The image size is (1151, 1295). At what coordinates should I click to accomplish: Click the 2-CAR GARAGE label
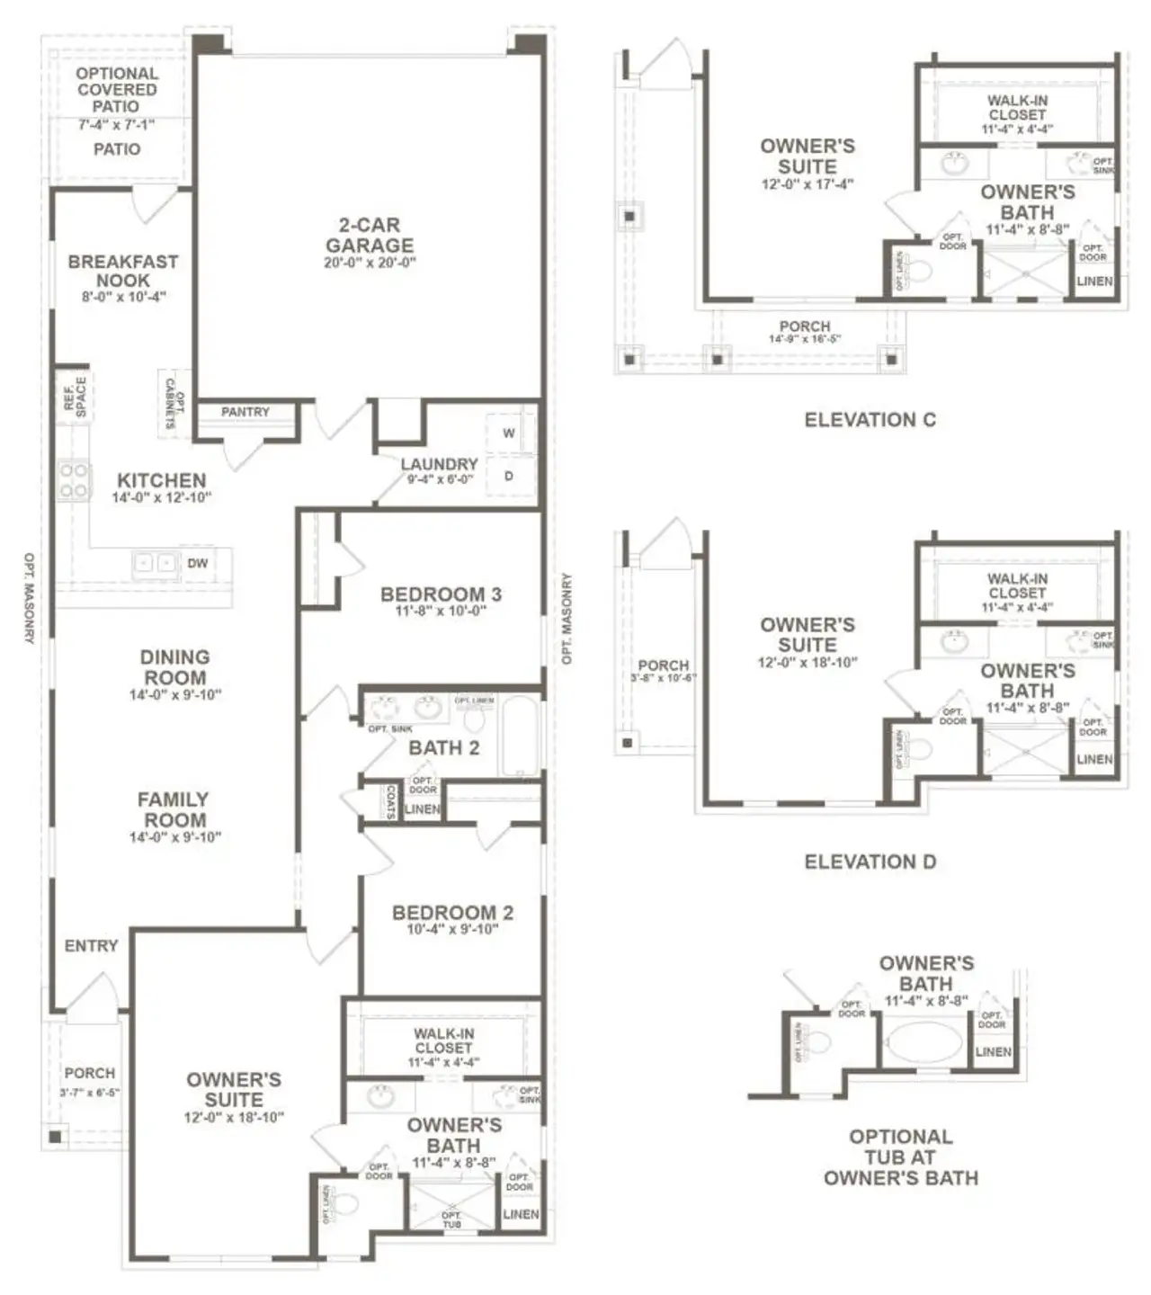coord(370,235)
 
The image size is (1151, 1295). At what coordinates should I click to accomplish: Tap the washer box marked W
coord(509,433)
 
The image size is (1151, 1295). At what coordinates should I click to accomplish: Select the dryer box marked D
coord(509,477)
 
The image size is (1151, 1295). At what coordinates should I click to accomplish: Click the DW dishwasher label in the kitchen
coord(198,563)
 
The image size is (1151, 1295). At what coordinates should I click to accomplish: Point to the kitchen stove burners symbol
coord(74,480)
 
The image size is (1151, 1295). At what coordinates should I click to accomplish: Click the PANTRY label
coord(245,412)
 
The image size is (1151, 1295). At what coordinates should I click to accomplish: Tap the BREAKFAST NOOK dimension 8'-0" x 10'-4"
coord(123,297)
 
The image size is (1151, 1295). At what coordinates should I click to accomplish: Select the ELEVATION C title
coord(870,420)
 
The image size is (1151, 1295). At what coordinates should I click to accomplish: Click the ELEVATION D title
coord(870,862)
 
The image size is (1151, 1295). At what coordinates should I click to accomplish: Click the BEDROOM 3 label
coord(441,594)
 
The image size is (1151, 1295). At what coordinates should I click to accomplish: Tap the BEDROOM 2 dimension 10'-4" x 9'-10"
coord(452,930)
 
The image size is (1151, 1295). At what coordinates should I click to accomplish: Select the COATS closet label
coord(391,801)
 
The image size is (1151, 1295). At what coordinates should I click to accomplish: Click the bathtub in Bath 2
coord(521,736)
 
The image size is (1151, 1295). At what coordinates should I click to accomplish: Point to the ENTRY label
coord(91,946)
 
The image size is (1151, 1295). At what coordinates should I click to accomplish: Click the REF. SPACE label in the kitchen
coord(76,397)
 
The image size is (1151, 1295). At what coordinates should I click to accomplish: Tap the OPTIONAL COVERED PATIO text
coord(117,89)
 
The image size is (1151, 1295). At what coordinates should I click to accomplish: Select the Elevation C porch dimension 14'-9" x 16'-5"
coord(804,340)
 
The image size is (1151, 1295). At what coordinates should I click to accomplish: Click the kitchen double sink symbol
coord(156,563)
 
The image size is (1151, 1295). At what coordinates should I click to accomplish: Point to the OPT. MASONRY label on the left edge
coord(28,597)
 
